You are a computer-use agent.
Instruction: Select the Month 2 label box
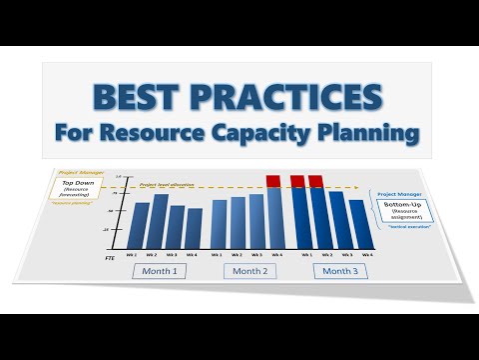point(250,271)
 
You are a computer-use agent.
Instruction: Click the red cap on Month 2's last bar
point(274,181)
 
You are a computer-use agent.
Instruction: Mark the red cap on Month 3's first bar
point(298,181)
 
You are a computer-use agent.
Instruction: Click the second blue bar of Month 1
point(160,222)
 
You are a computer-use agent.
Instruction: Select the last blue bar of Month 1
point(194,229)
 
